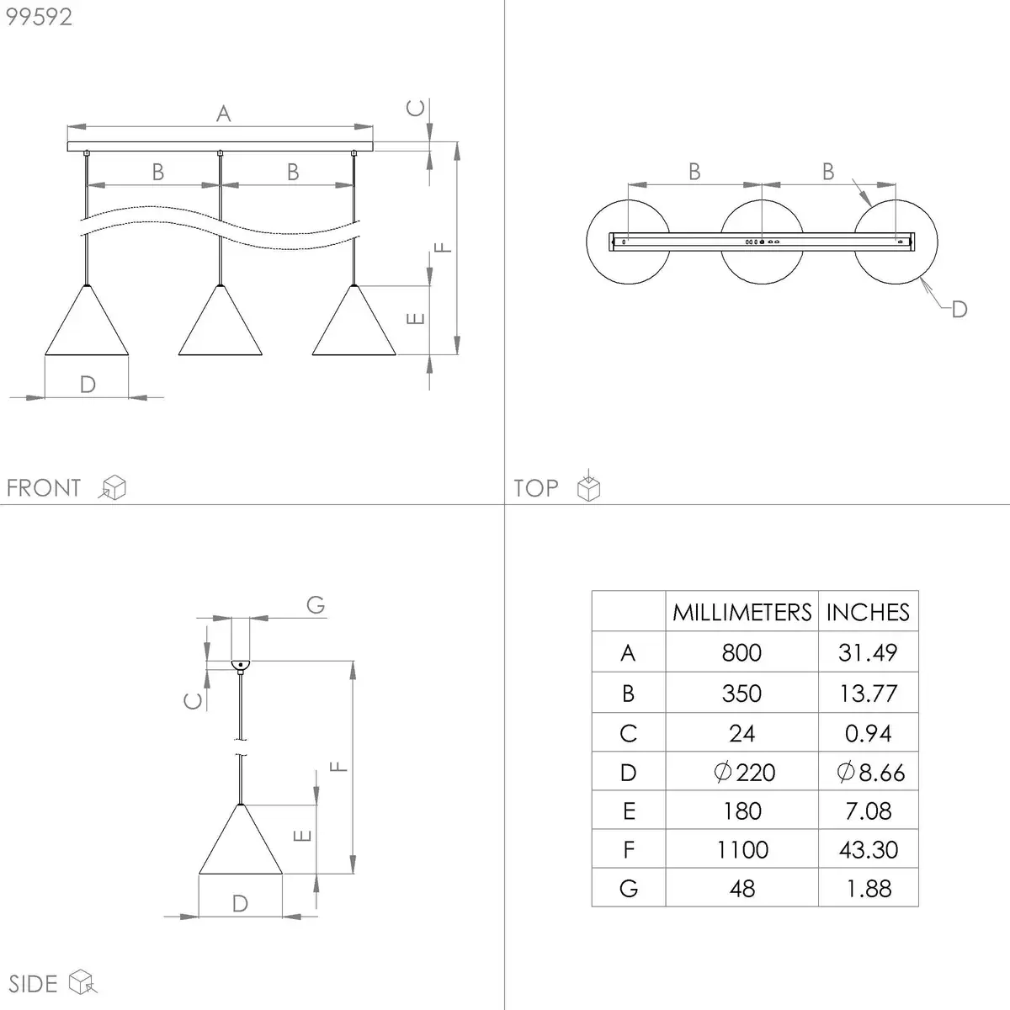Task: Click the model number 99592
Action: (x=39, y=17)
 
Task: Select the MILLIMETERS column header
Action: (x=742, y=612)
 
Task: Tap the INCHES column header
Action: (x=868, y=612)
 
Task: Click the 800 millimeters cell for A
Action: (x=742, y=652)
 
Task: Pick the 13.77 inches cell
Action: (x=868, y=694)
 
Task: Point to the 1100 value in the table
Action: (x=742, y=849)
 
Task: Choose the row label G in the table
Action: (x=629, y=889)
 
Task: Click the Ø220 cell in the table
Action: (x=744, y=772)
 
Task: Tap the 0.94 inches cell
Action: (x=868, y=733)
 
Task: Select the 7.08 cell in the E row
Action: (x=868, y=811)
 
